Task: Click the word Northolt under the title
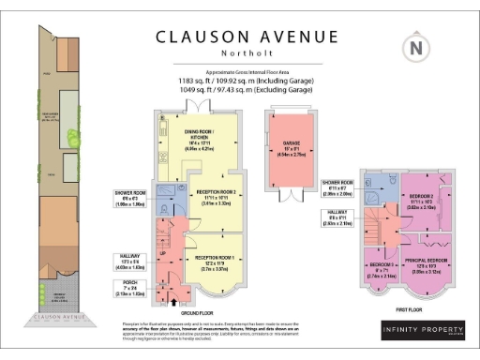(247, 53)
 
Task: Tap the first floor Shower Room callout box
(335, 186)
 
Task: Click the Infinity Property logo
(422, 331)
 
